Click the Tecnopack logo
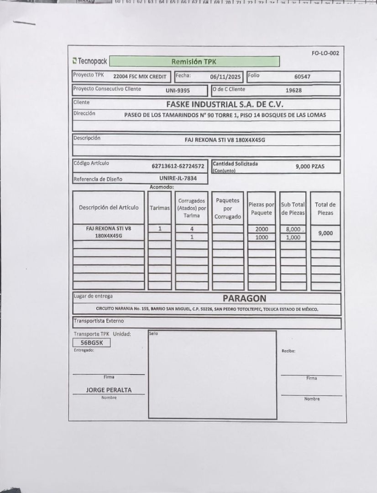(x=90, y=61)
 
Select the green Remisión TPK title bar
(x=194, y=62)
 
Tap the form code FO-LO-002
(x=325, y=53)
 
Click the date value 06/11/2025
(x=225, y=77)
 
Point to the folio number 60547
(x=302, y=77)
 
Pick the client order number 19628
(x=293, y=90)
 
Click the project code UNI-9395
(x=178, y=90)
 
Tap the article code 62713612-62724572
(x=178, y=166)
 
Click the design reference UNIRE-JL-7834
(x=178, y=178)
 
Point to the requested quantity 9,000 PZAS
(x=310, y=166)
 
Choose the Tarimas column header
(x=160, y=208)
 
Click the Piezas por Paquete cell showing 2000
(x=262, y=229)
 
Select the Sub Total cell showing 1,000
(x=293, y=237)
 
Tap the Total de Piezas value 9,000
(x=325, y=233)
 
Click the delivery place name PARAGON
(x=244, y=299)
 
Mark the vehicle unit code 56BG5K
(x=91, y=343)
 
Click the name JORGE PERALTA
(x=109, y=390)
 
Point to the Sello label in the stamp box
(x=153, y=334)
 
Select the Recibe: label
(x=288, y=351)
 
